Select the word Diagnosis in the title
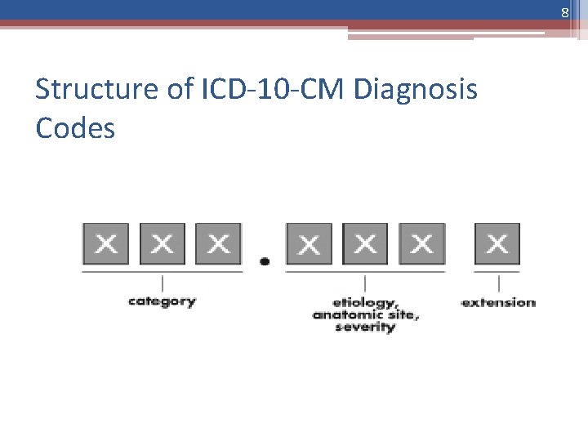coord(416,89)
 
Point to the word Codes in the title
coord(75,127)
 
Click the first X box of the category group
coord(105,243)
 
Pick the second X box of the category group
coord(162,243)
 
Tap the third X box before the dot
coord(218,243)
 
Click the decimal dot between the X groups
coord(265,261)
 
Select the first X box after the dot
coord(309,243)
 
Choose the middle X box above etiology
coord(365,243)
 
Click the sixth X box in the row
coord(421,243)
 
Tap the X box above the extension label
coord(497,243)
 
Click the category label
coord(162,301)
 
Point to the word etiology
coord(364,301)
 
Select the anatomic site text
coord(365,314)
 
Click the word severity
coord(364,327)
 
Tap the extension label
coord(498,302)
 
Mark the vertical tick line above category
coord(163,283)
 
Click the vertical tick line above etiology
coord(365,283)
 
